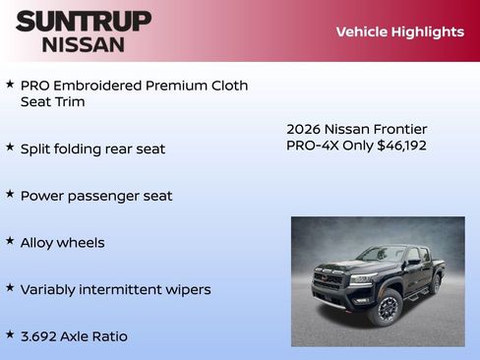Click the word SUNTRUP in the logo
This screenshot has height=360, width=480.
point(84,21)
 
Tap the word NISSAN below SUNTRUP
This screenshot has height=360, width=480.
point(84,44)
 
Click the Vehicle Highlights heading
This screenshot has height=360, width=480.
point(399,31)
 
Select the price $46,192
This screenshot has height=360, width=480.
point(401,146)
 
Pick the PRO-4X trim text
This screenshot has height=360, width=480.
point(311,146)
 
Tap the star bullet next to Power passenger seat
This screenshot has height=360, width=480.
point(10,194)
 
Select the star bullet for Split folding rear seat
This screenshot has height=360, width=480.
point(10,147)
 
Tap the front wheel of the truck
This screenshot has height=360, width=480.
point(386,309)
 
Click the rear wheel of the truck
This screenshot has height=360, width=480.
point(434,284)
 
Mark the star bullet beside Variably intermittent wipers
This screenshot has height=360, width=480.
point(10,288)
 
